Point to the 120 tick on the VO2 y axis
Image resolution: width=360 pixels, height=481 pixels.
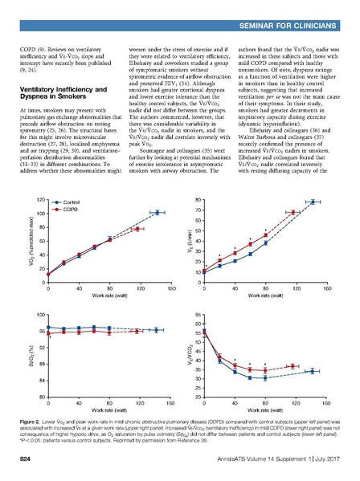click(39, 198)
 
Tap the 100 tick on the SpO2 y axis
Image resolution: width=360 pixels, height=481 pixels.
click(38, 314)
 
